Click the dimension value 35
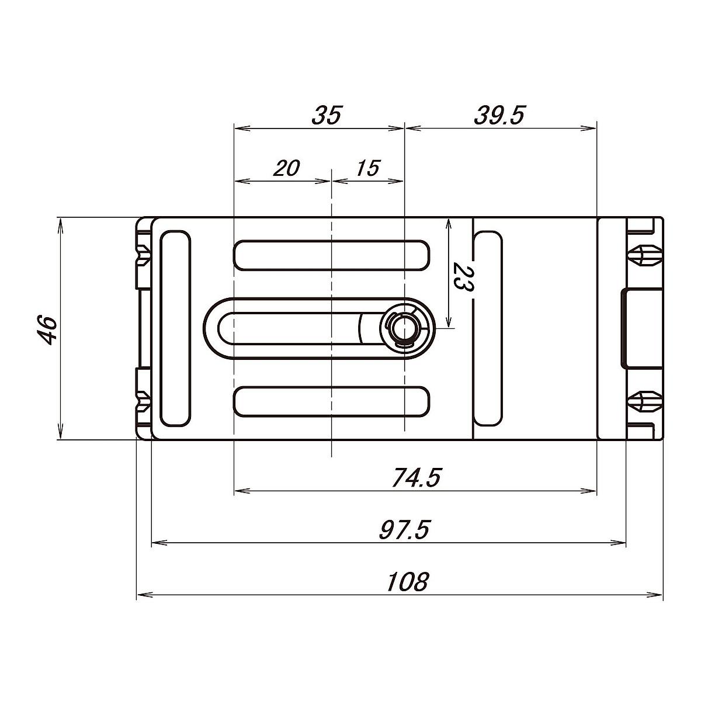click(x=327, y=115)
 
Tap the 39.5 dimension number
click(x=499, y=115)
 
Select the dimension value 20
click(x=287, y=168)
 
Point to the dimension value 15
click(x=368, y=168)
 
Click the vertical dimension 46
click(x=48, y=330)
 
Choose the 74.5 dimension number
click(x=416, y=478)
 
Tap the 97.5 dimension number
click(x=404, y=530)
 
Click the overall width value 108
click(x=407, y=582)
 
